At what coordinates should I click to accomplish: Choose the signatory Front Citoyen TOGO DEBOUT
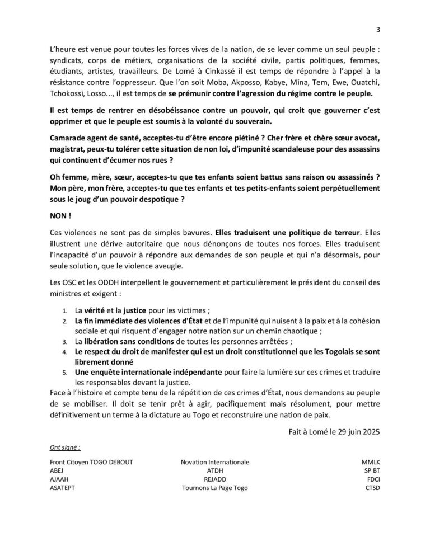click(x=91, y=463)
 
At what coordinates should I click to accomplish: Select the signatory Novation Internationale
click(x=215, y=463)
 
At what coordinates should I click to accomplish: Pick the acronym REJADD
click(x=215, y=479)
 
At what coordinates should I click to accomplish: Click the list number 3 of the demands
click(x=65, y=341)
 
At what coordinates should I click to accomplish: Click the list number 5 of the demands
click(x=65, y=371)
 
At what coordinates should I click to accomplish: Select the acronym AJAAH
click(x=60, y=479)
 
